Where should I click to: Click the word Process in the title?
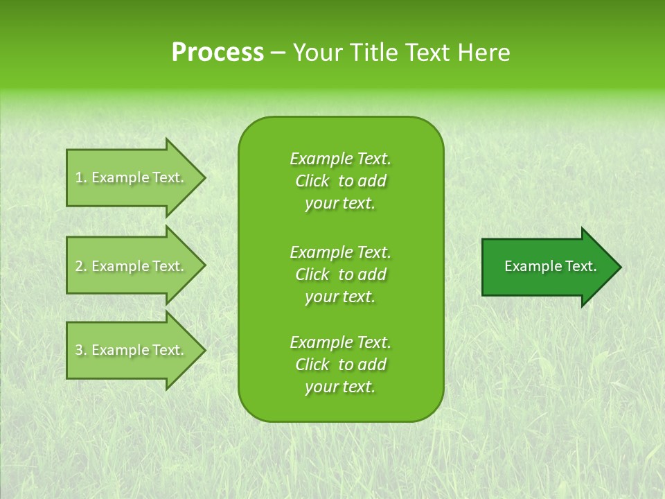218,53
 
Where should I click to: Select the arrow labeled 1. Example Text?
132,177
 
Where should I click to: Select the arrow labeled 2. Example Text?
132,266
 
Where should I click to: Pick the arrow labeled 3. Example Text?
132,350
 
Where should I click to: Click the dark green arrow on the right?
547,267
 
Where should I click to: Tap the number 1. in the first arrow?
81,177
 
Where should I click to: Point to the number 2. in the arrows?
81,266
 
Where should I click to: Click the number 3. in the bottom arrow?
81,350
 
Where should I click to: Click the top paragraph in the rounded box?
340,181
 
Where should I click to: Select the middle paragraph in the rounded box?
340,274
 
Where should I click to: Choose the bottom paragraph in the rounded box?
340,365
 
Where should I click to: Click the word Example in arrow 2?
120,266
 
